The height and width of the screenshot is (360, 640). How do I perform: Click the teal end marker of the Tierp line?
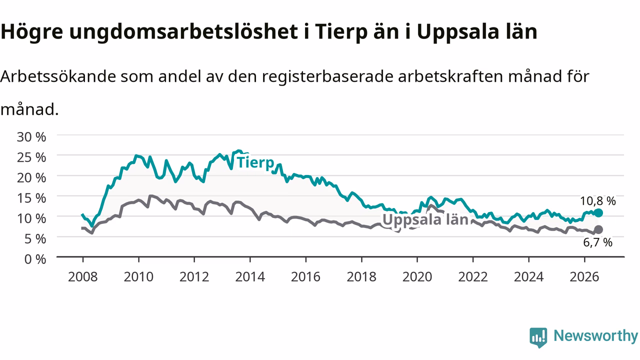click(598, 213)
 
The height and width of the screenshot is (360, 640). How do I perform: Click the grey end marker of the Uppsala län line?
click(598, 229)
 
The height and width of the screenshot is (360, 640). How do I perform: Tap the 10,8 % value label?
click(597, 201)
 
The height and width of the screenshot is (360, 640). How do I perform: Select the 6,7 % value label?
click(597, 242)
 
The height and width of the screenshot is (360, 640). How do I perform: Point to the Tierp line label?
click(255, 162)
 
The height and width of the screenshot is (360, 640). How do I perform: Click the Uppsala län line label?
click(425, 219)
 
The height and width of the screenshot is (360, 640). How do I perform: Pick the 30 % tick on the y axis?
click(31, 137)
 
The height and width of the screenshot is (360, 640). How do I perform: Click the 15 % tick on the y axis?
click(31, 198)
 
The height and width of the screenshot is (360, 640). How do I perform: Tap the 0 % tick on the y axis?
click(35, 259)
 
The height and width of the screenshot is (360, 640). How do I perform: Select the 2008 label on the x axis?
click(83, 277)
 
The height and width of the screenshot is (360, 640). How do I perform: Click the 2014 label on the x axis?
click(250, 277)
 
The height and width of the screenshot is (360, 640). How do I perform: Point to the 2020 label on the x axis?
click(417, 277)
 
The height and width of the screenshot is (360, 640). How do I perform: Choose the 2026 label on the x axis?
click(584, 277)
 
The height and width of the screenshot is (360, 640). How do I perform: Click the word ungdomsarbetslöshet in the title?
click(183, 32)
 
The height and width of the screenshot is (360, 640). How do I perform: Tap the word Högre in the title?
click(31, 31)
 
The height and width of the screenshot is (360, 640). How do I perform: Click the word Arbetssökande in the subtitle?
click(58, 76)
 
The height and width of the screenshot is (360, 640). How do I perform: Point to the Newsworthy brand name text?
click(595, 336)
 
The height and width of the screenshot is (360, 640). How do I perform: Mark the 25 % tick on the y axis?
click(31, 157)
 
